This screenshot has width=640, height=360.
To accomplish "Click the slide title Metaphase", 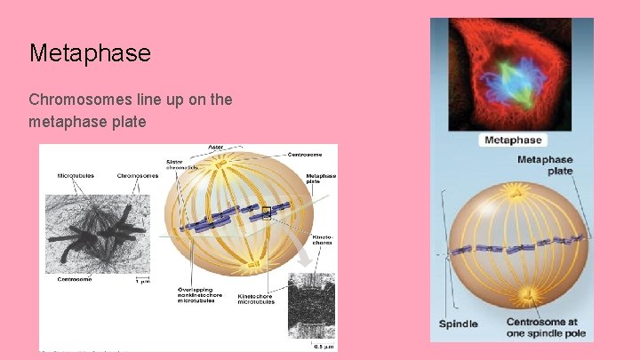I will [90, 53].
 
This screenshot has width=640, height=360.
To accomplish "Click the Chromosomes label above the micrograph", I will [137, 175].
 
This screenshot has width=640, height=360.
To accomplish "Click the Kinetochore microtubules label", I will [256, 299].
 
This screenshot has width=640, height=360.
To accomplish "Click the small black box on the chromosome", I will [266, 212].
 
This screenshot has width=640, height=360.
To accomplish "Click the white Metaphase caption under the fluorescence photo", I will [512, 140].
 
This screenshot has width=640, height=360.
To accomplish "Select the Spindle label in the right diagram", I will [460, 323].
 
